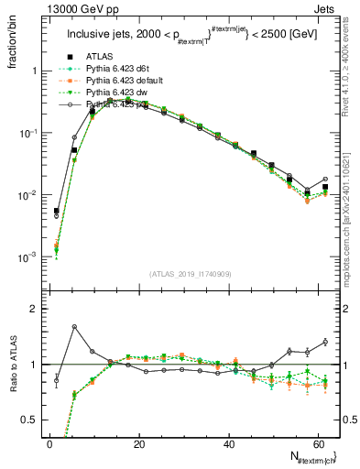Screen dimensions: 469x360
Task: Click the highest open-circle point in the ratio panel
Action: coord(74,326)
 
